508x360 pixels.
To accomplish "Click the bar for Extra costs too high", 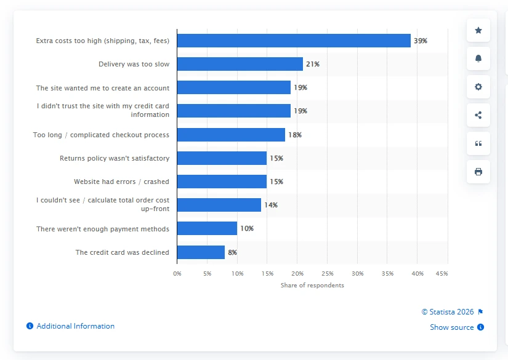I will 294,41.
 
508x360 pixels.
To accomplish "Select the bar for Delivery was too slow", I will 240,64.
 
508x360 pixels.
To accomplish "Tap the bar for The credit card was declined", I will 201,252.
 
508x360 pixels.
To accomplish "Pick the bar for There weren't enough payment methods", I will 207,228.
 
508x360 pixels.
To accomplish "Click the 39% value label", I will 420,41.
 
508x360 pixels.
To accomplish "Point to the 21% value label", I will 312,64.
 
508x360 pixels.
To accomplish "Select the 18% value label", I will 294,135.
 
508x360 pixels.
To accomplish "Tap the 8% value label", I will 232,252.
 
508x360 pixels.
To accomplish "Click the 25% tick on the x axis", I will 327,273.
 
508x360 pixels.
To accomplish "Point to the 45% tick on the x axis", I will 441,273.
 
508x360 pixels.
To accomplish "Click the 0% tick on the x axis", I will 177,273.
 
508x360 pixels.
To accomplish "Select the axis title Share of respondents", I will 312,286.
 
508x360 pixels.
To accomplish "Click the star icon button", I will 478,30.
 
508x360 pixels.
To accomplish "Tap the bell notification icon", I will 478,58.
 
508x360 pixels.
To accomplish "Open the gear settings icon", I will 478,87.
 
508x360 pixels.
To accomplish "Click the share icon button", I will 478,115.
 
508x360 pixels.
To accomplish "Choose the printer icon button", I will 478,172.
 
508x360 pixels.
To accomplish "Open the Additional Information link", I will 75,326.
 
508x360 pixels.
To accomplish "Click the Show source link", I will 452,327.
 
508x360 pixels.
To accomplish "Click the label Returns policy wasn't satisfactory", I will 114,158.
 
